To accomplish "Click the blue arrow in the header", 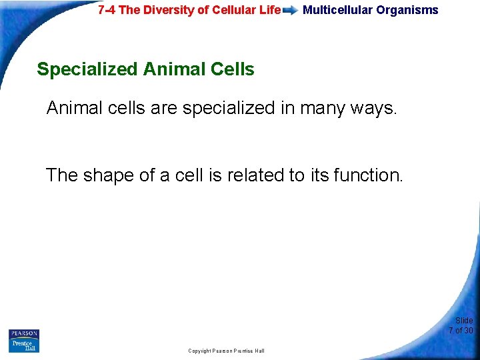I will tap(291, 11).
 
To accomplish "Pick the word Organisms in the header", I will tap(407, 10).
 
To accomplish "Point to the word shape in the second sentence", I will tap(111, 175).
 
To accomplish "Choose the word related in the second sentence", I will tap(257, 175).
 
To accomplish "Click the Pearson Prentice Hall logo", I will tap(24, 341).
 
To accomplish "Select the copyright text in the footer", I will tap(226, 351).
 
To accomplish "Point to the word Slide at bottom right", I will tap(464, 321).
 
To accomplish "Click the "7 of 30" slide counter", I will tap(461, 331).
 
